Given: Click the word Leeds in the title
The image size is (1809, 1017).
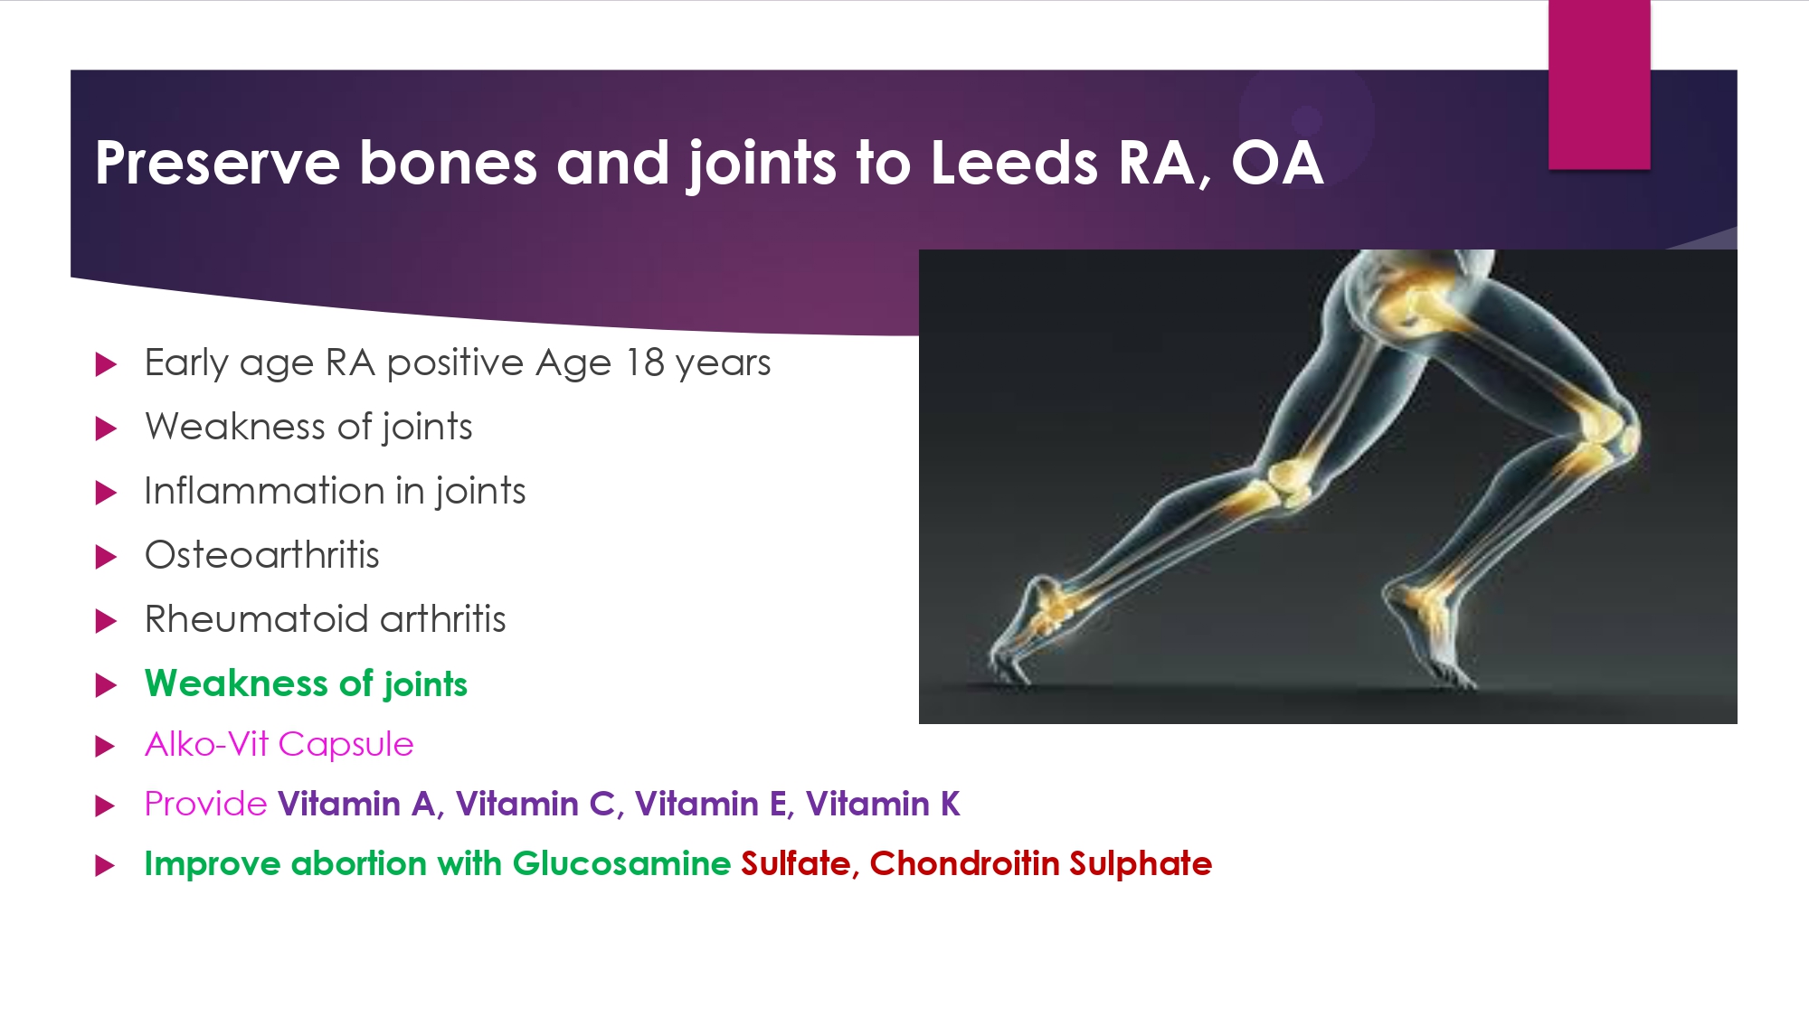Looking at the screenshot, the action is [x=1014, y=163].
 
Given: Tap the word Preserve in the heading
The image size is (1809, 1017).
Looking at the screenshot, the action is [x=217, y=163].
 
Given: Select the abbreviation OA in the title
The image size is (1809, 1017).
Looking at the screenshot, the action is [x=1277, y=163].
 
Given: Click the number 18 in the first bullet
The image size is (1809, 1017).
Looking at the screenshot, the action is [x=645, y=363].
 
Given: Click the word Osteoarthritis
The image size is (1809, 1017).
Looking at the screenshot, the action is [x=262, y=555].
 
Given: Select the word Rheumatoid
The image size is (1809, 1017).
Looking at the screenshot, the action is [x=256, y=619].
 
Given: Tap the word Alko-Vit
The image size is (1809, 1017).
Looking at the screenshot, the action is [x=207, y=744].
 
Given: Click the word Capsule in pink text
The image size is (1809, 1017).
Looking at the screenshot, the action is [x=346, y=745].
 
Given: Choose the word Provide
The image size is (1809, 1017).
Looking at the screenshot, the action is [x=205, y=804].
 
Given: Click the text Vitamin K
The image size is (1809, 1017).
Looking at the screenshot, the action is [x=883, y=804].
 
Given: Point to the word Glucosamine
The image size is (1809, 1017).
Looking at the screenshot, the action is [x=621, y=863].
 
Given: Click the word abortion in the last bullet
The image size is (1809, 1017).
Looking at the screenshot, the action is [x=358, y=863].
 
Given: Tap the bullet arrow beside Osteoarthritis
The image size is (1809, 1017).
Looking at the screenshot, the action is [x=107, y=557].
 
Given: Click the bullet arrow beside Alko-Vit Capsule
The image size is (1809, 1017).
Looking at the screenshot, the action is [x=107, y=747].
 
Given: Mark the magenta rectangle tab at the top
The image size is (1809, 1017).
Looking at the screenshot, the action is [x=1599, y=84].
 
